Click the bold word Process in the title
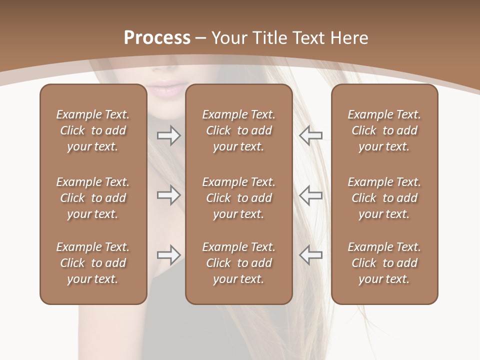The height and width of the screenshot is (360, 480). tap(157, 38)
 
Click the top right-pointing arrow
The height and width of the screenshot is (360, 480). tap(168, 135)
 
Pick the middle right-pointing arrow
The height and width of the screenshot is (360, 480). tap(168, 195)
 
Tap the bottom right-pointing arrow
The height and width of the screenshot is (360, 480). tap(168, 255)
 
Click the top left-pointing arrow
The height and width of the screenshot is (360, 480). tap(310, 135)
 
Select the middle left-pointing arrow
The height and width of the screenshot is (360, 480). tap(310, 195)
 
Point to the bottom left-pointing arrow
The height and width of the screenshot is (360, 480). tap(310, 255)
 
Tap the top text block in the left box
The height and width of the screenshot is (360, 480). tap(93, 130)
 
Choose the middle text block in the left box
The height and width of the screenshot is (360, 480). tap(93, 198)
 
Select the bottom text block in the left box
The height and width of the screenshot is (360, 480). tap(93, 263)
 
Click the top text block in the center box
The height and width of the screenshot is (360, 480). tap(238, 130)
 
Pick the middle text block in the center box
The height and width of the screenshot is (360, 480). tap(238, 198)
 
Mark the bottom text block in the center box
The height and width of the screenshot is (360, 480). tap(238, 263)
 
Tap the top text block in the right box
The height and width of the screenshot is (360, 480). tap(384, 130)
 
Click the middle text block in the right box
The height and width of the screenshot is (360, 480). tap(384, 198)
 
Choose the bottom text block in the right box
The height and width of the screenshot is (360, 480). tap(384, 263)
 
